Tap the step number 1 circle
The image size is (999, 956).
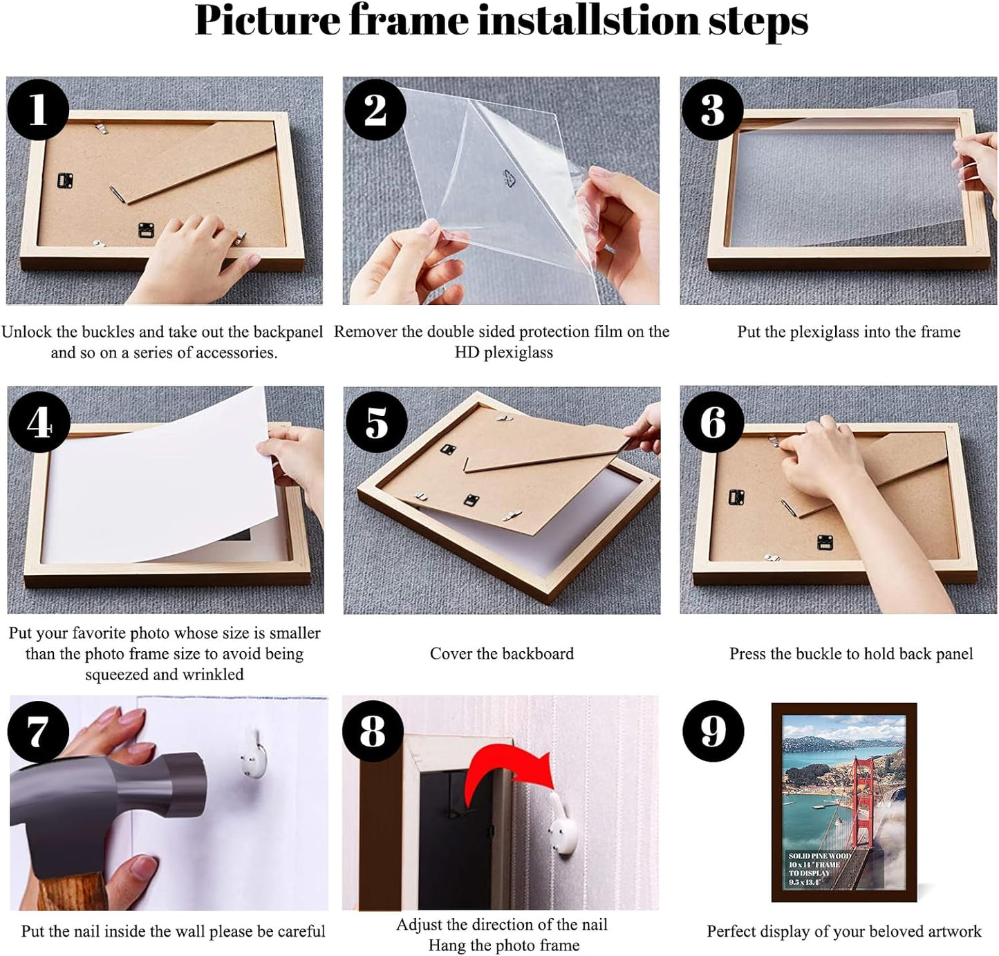coord(38,109)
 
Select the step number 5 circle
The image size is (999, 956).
coord(375,422)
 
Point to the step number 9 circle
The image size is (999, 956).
coord(713,731)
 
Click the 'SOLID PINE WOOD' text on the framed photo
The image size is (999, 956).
coord(819,856)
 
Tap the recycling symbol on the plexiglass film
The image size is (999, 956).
coord(510,179)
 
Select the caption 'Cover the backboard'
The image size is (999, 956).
coord(501,654)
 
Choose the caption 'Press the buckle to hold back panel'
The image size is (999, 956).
coord(850,654)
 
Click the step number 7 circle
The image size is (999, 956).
coord(38,731)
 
